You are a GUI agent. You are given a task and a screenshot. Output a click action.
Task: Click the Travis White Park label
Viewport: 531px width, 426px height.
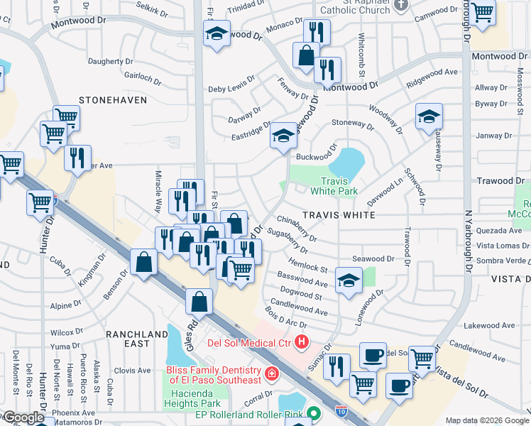pos(333,186)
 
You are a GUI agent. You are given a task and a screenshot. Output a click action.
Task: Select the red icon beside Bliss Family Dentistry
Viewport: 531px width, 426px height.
pos(270,374)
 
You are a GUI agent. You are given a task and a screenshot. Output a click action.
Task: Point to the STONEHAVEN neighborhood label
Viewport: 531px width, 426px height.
pos(113,100)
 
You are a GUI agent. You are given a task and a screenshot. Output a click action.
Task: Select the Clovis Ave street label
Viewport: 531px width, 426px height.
pos(133,370)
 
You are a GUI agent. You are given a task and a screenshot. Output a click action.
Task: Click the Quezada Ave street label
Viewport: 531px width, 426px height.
pos(500,230)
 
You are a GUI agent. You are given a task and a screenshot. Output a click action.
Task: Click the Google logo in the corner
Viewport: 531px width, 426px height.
pos(23,417)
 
